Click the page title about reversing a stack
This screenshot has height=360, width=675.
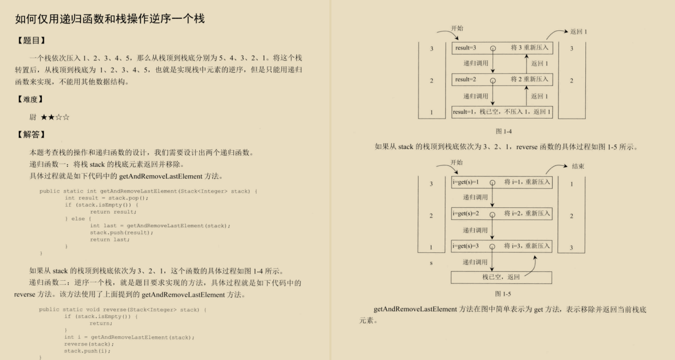110,20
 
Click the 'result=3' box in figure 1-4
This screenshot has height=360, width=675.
502,48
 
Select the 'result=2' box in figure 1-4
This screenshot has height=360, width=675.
502,80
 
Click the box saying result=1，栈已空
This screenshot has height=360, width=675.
502,112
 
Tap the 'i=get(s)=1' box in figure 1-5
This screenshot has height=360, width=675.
502,183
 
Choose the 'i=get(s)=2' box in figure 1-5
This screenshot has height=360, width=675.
502,214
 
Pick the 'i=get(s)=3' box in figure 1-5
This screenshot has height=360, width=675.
502,246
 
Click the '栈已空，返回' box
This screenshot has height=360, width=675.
501,277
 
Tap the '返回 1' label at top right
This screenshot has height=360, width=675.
578,32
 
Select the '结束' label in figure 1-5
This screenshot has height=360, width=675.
578,166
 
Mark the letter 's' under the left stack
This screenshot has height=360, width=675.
431,262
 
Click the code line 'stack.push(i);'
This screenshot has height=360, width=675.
88,351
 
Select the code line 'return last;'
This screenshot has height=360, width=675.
110,239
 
